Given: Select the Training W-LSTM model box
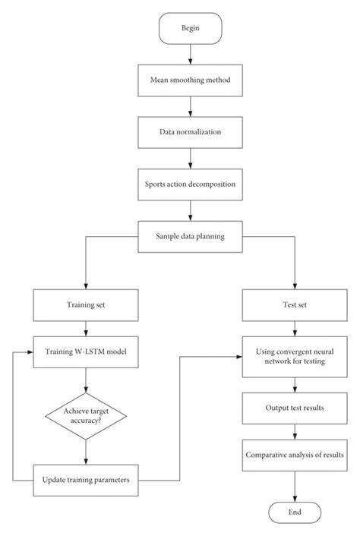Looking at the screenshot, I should pos(86,352).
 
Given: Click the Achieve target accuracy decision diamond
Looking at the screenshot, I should pos(86,416).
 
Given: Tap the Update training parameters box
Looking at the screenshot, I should pos(86,481).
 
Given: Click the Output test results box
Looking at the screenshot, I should pos(294,408).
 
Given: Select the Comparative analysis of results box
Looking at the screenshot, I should pos(294,456).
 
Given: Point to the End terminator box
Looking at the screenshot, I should pos(294,513).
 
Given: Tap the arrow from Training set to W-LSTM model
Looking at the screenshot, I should pos(86,330).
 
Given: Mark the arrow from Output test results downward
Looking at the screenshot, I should pos(294,430).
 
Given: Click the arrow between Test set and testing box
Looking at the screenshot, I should pos(294,330).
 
